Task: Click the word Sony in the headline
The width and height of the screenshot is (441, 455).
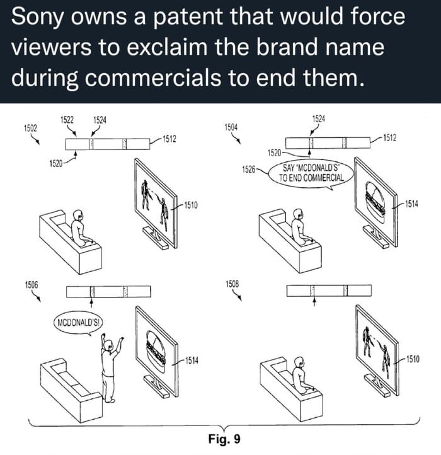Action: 37,18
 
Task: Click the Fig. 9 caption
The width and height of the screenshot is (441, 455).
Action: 224,439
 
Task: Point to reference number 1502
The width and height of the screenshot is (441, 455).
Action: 30,128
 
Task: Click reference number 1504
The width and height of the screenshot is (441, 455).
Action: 231,127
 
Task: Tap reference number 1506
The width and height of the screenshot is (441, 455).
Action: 31,285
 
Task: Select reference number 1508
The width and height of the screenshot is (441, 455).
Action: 232,284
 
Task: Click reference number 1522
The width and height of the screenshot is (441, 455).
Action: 67,120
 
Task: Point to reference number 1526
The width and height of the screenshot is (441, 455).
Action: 249,169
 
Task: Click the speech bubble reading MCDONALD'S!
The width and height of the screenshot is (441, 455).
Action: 78,323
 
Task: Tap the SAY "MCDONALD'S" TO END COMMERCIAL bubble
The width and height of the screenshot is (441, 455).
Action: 311,174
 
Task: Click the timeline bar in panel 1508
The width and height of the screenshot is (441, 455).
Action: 329,291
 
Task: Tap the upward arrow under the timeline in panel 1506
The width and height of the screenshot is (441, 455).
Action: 92,303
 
